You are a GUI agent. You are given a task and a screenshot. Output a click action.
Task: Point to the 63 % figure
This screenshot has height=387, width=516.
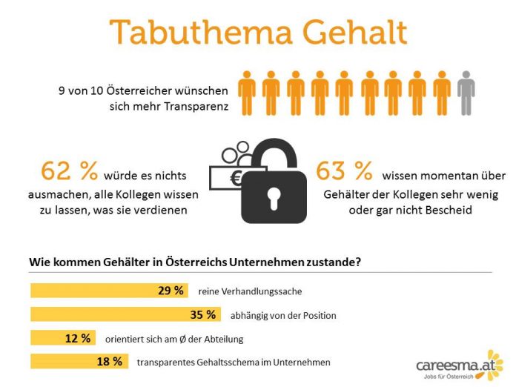(344, 173)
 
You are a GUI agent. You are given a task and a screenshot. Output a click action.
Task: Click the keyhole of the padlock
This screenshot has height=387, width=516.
(274, 196)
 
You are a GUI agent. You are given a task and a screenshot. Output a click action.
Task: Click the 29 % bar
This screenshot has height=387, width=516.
(108, 291)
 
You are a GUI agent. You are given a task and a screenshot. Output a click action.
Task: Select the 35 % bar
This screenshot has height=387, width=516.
(125, 314)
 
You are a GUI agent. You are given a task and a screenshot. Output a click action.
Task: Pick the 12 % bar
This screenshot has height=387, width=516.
(62, 338)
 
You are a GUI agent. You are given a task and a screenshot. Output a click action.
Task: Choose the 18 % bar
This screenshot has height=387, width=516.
(79, 362)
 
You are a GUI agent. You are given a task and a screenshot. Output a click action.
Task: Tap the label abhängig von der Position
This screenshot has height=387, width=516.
(282, 315)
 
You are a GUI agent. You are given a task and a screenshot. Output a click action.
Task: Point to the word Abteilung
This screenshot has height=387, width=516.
(223, 339)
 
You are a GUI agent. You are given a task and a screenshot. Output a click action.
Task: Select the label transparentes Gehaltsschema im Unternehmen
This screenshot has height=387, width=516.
(234, 363)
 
